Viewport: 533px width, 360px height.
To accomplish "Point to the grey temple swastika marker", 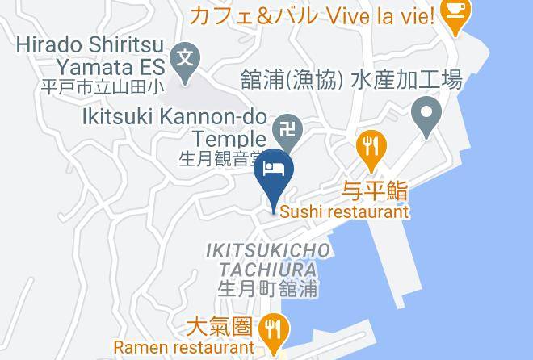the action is (286, 127).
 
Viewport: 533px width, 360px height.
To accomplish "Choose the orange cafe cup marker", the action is (457, 14).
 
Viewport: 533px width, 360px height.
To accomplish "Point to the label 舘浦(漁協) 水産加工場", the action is (351, 80).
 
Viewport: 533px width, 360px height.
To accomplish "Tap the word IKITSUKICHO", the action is (269, 251).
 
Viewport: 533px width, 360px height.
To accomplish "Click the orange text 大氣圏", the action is (219, 328).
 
